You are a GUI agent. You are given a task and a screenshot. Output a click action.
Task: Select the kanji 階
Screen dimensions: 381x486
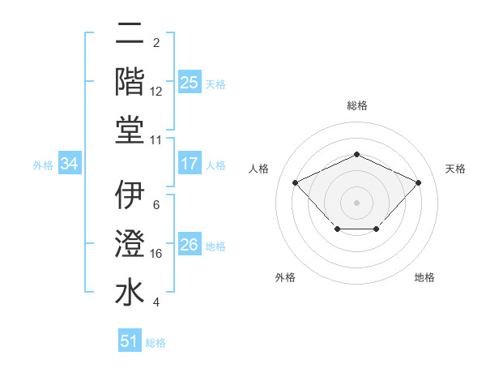[x=130, y=82]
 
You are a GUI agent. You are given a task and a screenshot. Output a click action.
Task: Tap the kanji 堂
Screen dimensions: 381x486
[x=130, y=131]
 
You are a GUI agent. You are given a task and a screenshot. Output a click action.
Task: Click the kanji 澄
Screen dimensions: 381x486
[x=130, y=244]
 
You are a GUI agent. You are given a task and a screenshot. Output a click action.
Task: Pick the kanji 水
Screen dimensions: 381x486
[x=130, y=293]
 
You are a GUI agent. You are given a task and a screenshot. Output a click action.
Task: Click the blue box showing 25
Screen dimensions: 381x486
[x=189, y=83]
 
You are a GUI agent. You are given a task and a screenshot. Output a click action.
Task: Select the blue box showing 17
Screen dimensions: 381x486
[x=189, y=164]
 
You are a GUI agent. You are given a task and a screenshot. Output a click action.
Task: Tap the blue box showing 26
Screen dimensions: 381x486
[x=189, y=245]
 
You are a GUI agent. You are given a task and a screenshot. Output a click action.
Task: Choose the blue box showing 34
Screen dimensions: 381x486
[x=70, y=164]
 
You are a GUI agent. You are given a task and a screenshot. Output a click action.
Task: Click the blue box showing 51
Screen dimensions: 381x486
[x=130, y=341]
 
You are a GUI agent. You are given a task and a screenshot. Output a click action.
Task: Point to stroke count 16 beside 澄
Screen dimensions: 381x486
[x=157, y=254]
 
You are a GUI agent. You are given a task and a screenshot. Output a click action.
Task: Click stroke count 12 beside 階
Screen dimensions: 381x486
[x=157, y=92]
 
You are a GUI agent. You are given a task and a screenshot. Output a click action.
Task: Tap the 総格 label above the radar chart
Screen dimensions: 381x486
[x=356, y=105]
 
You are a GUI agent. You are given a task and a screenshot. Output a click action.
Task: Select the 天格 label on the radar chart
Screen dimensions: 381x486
[x=455, y=169]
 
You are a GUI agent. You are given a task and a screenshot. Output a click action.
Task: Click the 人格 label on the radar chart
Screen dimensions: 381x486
[x=258, y=169]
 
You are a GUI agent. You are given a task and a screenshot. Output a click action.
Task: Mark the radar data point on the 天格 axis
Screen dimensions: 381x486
[x=418, y=182]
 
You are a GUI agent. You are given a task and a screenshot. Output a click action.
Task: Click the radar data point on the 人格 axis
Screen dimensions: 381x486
[x=296, y=182]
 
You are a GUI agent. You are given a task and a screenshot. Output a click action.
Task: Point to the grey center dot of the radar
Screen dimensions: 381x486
[x=356, y=202]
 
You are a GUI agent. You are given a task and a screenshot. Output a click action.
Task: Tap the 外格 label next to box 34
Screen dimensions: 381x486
[x=43, y=165]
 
